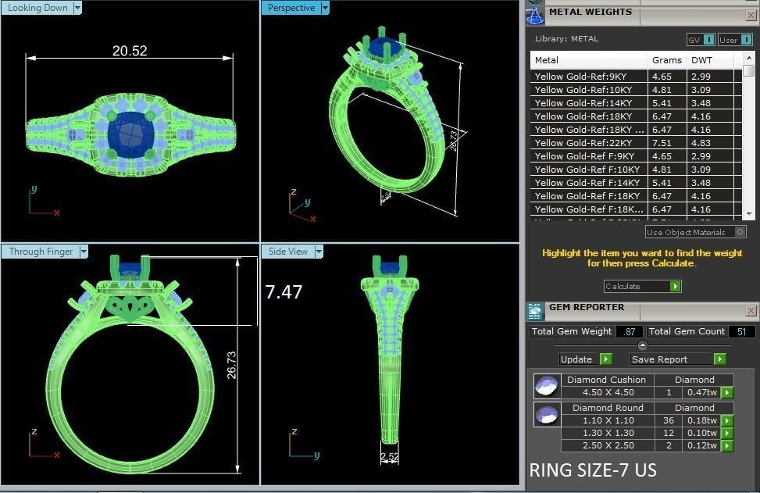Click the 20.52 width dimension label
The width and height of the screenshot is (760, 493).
(x=130, y=51)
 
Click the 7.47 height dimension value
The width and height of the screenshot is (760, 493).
(x=284, y=292)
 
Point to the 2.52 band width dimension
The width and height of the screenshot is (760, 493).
(x=389, y=456)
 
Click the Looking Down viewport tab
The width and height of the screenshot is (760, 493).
(x=39, y=8)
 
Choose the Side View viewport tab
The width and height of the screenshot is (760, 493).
(x=288, y=252)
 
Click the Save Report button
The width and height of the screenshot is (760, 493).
(x=669, y=359)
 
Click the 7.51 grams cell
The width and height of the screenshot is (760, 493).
(x=662, y=143)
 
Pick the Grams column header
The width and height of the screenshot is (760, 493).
(x=666, y=60)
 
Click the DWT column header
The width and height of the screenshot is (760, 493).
(x=702, y=60)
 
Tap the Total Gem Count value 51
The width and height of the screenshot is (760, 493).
(x=741, y=331)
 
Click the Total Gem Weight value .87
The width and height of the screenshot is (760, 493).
(x=629, y=331)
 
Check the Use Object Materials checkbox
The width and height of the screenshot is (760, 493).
(x=740, y=232)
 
